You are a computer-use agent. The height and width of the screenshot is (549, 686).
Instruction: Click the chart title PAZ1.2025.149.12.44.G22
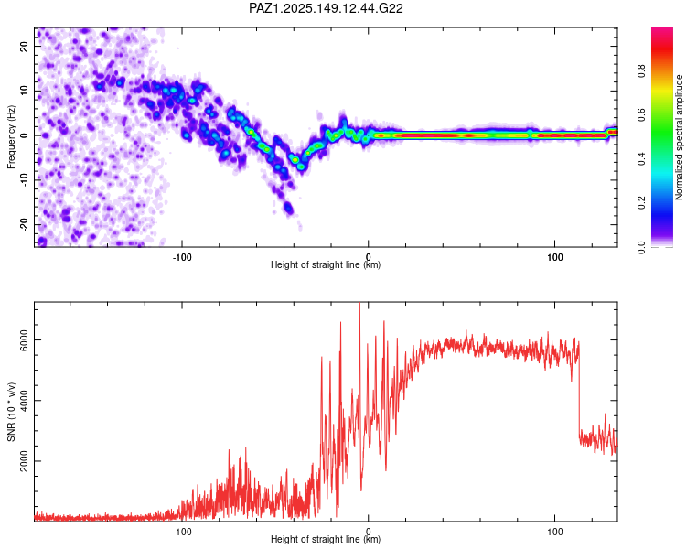tap(326, 8)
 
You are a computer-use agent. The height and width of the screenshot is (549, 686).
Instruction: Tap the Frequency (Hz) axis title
tap(11, 136)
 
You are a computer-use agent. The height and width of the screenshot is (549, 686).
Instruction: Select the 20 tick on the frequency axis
tap(24, 46)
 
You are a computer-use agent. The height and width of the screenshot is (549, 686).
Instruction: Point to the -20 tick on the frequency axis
tap(24, 224)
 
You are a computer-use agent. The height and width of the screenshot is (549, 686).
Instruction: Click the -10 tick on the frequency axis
tap(24, 180)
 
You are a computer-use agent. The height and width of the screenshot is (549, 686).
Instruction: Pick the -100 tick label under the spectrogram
tap(182, 257)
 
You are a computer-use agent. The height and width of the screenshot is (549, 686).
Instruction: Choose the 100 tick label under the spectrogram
tap(555, 257)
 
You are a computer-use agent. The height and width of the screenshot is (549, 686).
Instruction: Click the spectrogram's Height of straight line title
tap(326, 264)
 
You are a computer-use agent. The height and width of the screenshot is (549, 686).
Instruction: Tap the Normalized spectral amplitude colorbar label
tap(679, 137)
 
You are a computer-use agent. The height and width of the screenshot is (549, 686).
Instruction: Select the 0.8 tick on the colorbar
tap(642, 71)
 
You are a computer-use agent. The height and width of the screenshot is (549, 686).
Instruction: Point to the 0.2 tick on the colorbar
tap(642, 203)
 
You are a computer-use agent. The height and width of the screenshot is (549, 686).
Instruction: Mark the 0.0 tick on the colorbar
tap(642, 247)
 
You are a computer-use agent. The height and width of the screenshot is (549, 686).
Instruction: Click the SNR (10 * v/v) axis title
tap(11, 412)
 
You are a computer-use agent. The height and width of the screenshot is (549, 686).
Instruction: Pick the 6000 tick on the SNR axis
tap(24, 340)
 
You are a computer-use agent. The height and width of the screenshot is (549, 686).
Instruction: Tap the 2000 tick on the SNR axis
tap(24, 461)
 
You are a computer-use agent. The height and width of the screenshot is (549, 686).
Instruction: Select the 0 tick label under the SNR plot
tap(369, 532)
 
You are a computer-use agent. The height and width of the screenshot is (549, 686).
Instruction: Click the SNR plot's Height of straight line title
tap(326, 539)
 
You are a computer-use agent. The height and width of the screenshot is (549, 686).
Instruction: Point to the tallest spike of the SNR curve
tap(359, 304)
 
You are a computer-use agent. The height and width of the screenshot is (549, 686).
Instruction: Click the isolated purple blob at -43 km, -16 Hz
tap(288, 207)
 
